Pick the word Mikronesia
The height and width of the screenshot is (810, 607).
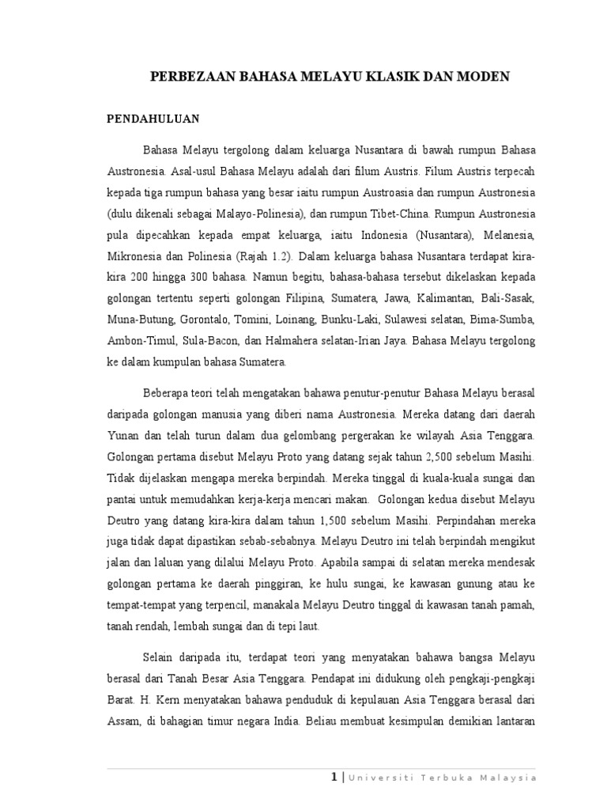[135, 257]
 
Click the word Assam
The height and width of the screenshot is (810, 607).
[123, 722]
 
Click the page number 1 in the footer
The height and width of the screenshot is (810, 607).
[335, 778]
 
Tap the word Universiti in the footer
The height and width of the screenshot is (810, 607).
[380, 779]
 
